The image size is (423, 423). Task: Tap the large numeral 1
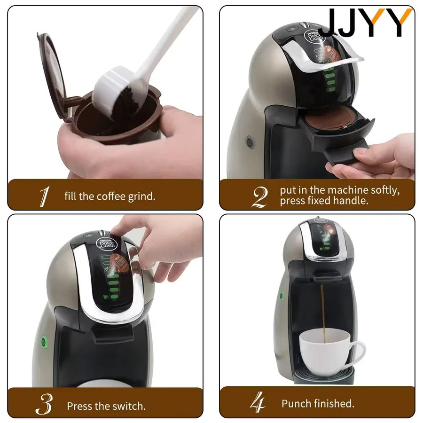tap(45, 196)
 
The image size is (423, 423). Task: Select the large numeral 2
tap(260, 197)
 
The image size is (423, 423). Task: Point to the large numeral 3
tap(44, 404)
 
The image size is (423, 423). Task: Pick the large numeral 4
tap(257, 402)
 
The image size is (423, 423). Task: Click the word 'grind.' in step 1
tap(141, 196)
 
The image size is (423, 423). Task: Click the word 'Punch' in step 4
tap(296, 404)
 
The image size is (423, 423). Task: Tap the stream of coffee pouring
tap(323, 313)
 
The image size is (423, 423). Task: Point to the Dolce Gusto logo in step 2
tap(314, 36)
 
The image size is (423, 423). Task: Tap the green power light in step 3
tap(43, 342)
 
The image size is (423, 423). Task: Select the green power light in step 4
tap(282, 296)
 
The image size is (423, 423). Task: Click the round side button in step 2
tap(250, 142)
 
